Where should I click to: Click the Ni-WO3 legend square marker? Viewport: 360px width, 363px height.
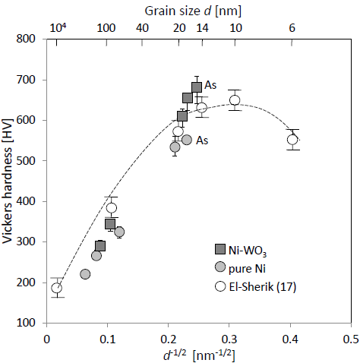pyautogui.click(x=220, y=249)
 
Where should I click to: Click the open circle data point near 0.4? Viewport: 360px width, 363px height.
pyautogui.click(x=292, y=140)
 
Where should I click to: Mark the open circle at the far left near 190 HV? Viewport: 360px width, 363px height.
pyautogui.click(x=57, y=287)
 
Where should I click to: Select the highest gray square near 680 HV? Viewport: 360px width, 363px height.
pyautogui.click(x=197, y=87)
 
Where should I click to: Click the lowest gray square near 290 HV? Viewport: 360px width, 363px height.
pyautogui.click(x=100, y=246)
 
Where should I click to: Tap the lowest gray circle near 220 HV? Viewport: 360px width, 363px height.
pyautogui.click(x=85, y=274)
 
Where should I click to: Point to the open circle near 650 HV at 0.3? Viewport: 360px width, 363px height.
pyautogui.click(x=235, y=100)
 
